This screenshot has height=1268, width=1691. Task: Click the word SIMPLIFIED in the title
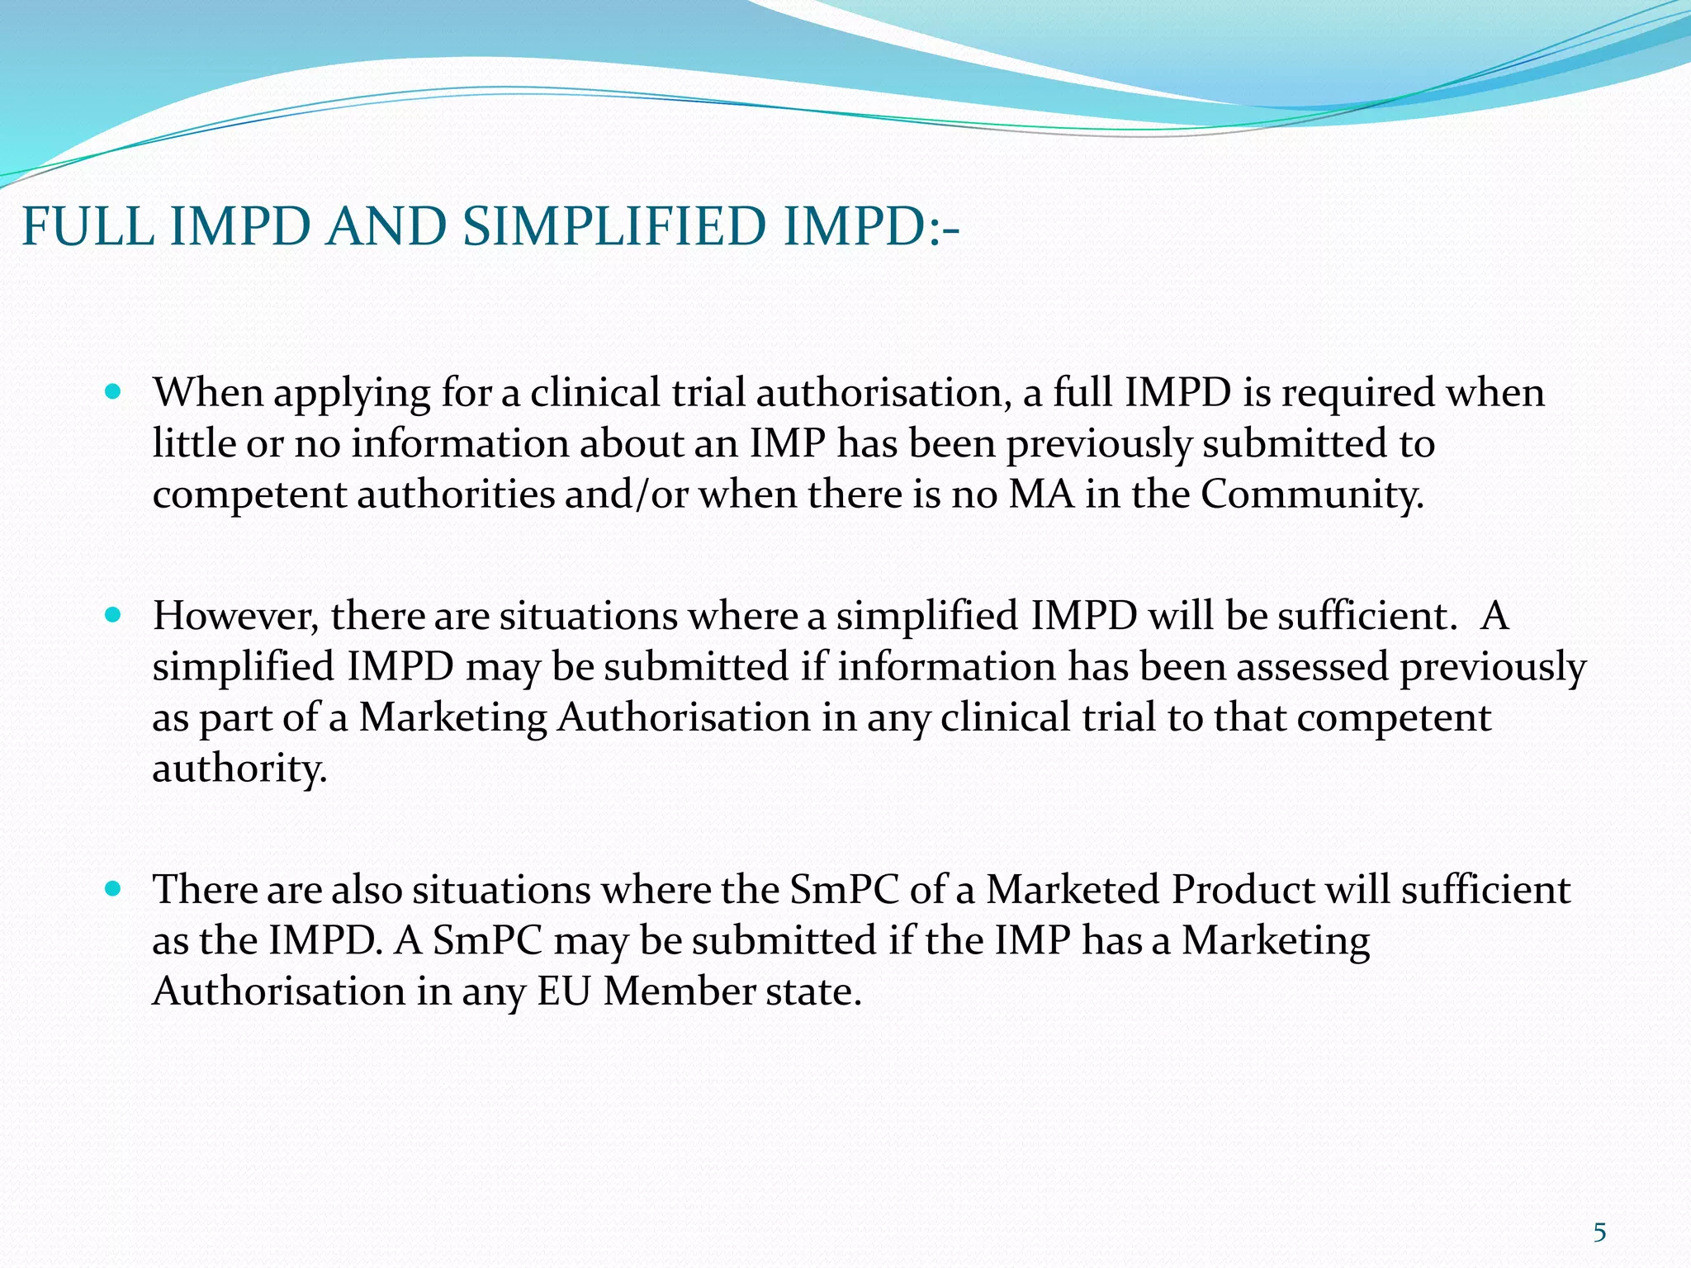tap(613, 226)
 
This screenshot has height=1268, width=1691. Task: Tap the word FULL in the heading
tap(87, 226)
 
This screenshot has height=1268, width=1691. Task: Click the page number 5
tap(1599, 1233)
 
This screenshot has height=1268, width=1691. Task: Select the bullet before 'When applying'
tap(114, 390)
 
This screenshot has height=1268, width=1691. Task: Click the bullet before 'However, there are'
tap(114, 615)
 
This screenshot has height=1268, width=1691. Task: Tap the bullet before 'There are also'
tap(114, 889)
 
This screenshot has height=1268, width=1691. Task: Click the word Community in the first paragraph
tap(1312, 494)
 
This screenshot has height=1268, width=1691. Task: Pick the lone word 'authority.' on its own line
tap(239, 769)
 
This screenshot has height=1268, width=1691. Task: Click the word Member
tap(679, 991)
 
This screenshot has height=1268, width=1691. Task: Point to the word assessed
tap(1312, 667)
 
